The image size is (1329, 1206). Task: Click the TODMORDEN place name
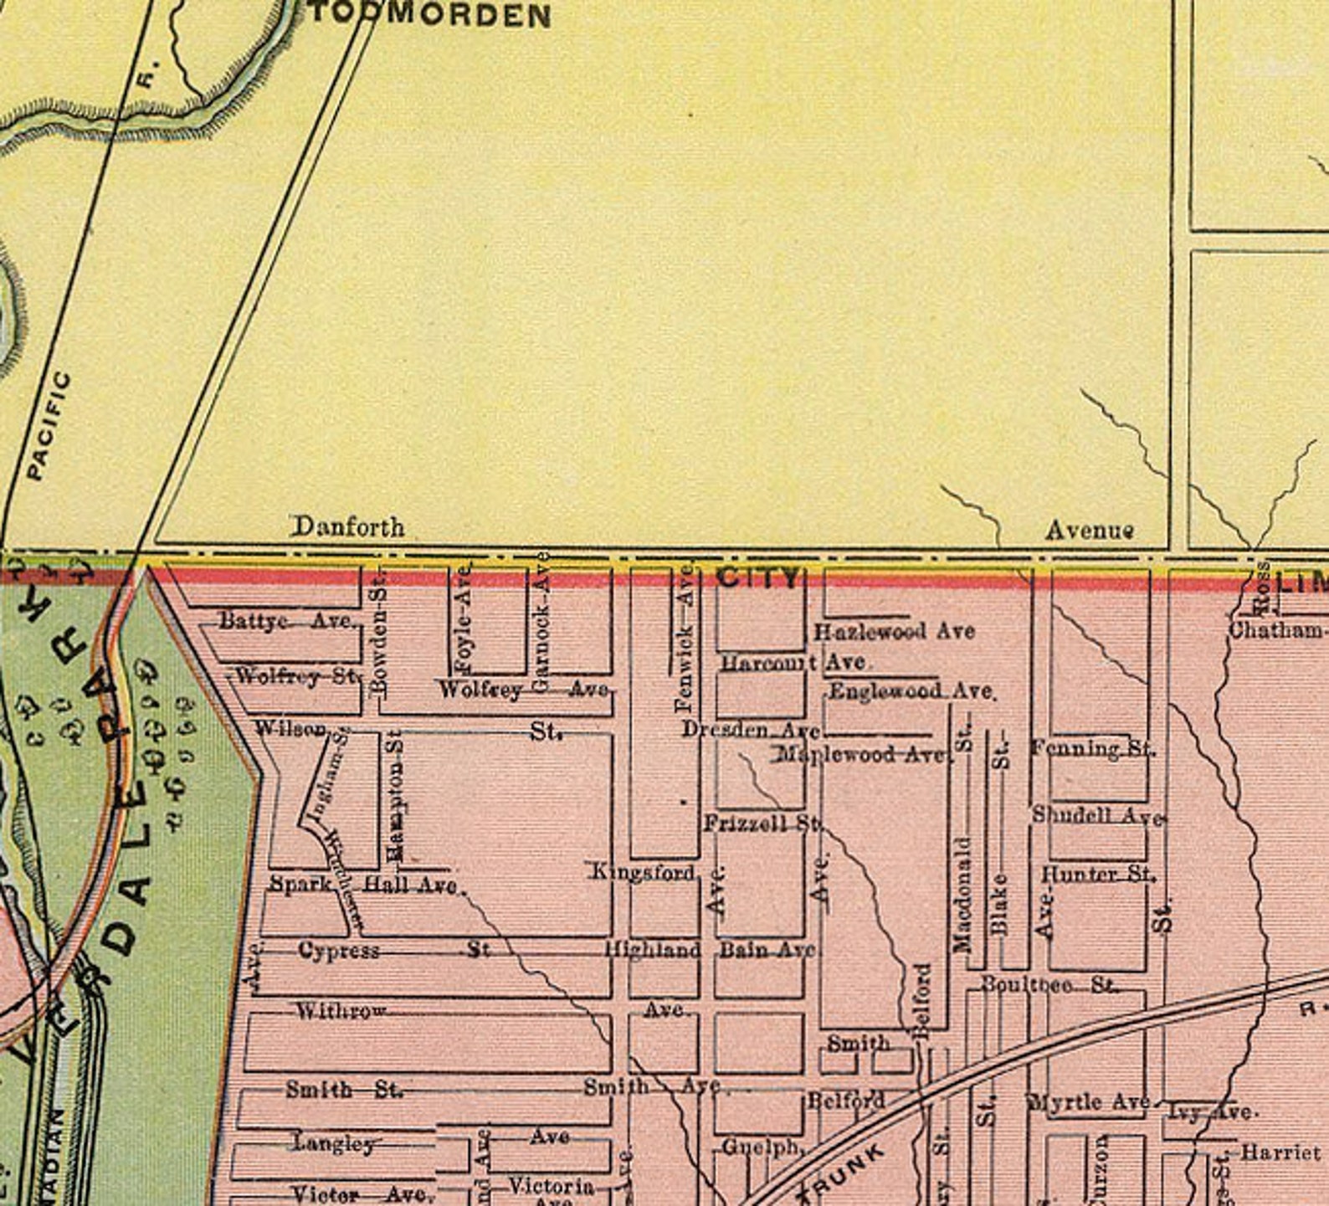point(430,16)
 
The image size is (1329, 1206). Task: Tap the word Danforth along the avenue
point(347,527)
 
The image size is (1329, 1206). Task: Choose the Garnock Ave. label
point(541,621)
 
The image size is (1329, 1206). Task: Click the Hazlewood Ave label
point(894,631)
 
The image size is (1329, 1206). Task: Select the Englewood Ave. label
point(911,692)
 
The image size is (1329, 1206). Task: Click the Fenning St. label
point(1091,748)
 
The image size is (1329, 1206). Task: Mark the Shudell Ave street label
point(1097,815)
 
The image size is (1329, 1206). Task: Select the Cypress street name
point(339,952)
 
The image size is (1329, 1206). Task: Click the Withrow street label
point(341,1011)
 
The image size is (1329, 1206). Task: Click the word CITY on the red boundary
point(758,577)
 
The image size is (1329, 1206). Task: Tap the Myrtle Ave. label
point(1089,1103)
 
